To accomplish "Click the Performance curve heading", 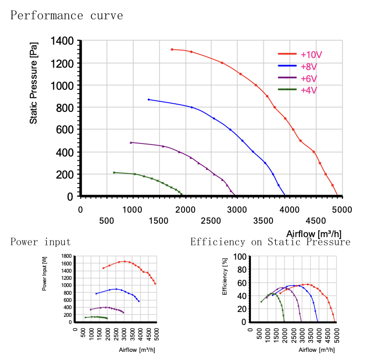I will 67,15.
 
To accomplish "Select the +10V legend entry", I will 311,54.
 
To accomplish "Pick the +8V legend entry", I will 308,66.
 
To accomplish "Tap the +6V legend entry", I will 308,78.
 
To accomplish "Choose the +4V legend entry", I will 308,89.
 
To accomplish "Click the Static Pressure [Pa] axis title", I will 34,84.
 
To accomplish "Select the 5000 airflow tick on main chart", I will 342,209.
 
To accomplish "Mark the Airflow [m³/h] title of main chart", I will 314,234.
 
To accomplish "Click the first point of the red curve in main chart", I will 172,49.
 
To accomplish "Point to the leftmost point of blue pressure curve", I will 148,99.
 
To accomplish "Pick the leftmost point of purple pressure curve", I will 131,142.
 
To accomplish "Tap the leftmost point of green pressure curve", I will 114,172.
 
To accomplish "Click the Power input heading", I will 41,242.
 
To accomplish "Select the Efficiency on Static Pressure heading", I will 270,242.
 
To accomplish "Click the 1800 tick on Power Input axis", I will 67,256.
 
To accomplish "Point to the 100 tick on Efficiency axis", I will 240,256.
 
